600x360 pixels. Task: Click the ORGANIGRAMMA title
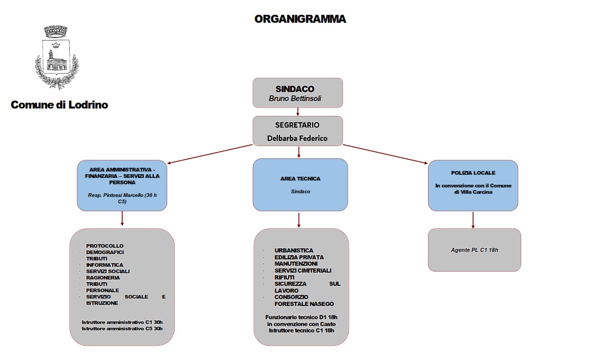pos(300,19)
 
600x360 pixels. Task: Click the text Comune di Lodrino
pos(59,105)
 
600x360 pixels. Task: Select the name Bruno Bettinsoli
pos(295,98)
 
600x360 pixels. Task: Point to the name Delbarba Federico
pos(297,138)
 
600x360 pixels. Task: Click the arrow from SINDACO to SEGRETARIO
pos(298,112)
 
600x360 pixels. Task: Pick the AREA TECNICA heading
pos(300,179)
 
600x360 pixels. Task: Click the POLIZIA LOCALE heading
pos(473,173)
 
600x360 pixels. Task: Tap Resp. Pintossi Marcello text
pos(122,199)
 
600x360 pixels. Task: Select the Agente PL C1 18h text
pos(474,249)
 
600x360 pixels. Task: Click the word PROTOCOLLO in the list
pos(105,246)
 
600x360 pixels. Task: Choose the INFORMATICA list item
pos(105,265)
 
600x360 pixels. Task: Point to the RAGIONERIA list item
pos(103,277)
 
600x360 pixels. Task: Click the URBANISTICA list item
pos(294,250)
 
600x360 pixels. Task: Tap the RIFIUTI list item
pos(285,277)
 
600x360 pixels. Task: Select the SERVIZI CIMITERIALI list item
pos(303,271)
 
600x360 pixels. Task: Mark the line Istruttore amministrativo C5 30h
pos(122,329)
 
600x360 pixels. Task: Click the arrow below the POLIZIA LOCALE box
pos(473,219)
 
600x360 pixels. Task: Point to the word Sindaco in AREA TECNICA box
pos(300,192)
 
